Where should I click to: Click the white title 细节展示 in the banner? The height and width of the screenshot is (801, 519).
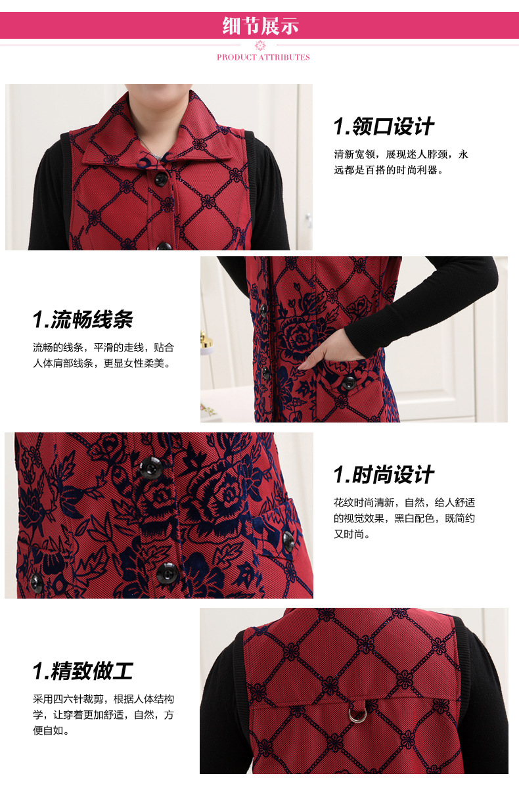coord(261,26)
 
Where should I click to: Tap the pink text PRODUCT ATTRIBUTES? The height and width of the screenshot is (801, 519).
coord(263,57)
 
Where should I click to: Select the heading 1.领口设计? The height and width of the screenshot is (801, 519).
coord(384,127)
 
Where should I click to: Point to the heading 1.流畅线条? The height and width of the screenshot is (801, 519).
coord(83,320)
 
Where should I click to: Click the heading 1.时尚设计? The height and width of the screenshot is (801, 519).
coord(384,474)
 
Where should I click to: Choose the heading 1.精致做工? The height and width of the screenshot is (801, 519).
coord(83,671)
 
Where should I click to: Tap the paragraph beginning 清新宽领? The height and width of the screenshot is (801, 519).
coord(401,162)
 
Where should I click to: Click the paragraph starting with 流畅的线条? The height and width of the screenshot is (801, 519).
coord(104,355)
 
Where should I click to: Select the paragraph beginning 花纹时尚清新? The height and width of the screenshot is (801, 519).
coord(404,518)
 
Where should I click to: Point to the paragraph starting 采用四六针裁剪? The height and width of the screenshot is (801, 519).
coord(104,714)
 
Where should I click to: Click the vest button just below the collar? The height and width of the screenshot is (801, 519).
coord(160,177)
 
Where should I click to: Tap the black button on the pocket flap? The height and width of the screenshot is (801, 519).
coord(348,382)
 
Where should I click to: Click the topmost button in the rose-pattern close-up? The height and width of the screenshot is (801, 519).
coord(150,467)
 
